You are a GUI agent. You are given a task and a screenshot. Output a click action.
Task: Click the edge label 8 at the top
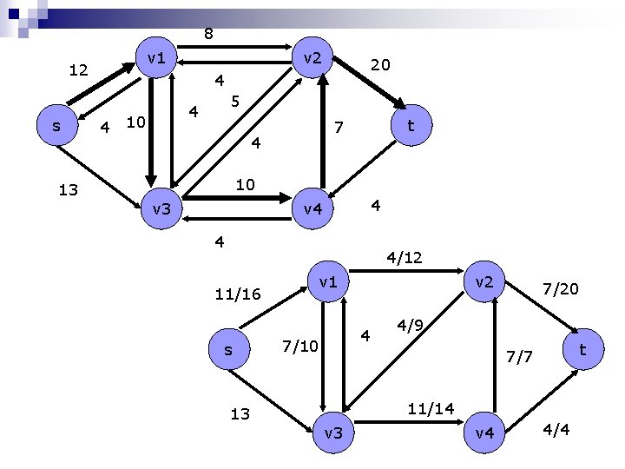(208, 35)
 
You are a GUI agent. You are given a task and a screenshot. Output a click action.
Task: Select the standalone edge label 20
(379, 65)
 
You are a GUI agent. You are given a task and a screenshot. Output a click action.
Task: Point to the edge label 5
(234, 102)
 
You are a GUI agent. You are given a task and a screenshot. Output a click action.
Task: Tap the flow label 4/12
(405, 258)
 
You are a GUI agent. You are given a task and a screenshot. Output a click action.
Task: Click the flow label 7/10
(302, 347)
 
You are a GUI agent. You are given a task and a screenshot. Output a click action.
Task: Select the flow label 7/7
(523, 355)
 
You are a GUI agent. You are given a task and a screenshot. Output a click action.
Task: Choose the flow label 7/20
(560, 287)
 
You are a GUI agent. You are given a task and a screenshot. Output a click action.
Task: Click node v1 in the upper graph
(157, 58)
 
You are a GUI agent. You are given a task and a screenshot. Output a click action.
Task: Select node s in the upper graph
(56, 126)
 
